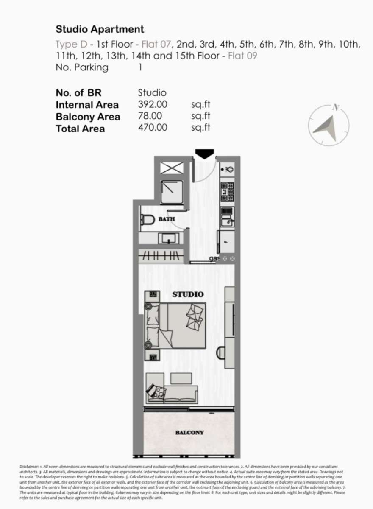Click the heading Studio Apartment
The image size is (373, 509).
click(100, 29)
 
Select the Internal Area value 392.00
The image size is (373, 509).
click(153, 104)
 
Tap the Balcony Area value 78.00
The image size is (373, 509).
click(150, 116)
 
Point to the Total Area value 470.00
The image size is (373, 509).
click(153, 128)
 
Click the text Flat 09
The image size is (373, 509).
click(242, 56)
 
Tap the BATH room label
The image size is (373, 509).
click(167, 219)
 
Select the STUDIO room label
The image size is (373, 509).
click(188, 295)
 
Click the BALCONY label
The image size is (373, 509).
click(189, 433)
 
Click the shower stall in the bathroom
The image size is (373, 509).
click(172, 192)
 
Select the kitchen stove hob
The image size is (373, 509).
click(228, 192)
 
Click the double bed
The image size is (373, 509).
click(175, 325)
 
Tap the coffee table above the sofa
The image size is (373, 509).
click(181, 379)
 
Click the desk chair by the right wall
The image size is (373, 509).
click(220, 353)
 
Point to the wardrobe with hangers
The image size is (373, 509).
click(161, 256)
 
